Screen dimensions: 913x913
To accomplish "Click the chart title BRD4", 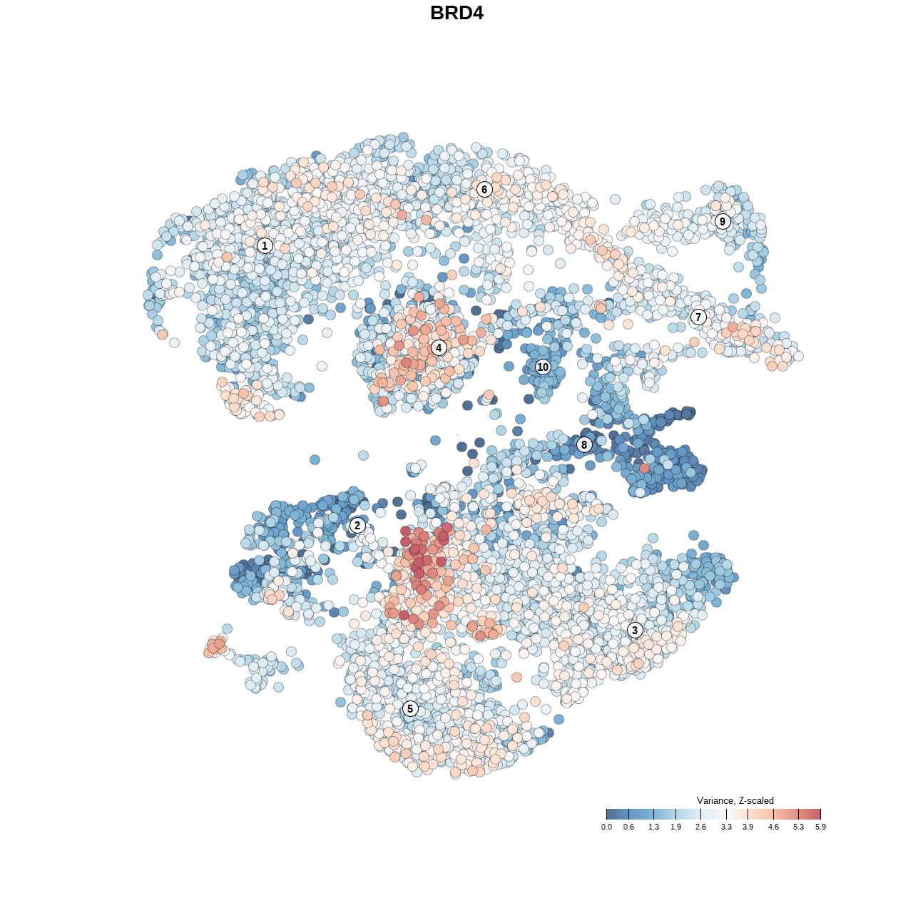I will (456, 13).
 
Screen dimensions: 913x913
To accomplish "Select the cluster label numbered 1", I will (265, 245).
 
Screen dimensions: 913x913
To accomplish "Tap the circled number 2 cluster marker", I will (357, 526).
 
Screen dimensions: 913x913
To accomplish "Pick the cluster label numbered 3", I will (635, 630).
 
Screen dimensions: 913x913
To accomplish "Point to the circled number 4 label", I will (439, 348).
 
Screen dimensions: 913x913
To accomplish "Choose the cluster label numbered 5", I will (409, 708).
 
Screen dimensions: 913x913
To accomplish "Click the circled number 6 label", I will (484, 189).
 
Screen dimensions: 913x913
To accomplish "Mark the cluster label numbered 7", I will (698, 317).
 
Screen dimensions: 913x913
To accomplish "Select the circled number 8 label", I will (584, 445).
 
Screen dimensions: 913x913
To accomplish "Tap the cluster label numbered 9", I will (723, 221).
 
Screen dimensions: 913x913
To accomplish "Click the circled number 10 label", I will (543, 367).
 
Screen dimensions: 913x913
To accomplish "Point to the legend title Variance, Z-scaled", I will (735, 800).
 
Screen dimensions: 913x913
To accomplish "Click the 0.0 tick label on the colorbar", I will (606, 827).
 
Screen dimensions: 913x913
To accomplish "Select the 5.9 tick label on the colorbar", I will (820, 827).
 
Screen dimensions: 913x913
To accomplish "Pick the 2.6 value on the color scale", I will (700, 827).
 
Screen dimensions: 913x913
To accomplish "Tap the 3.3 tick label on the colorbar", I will (726, 827).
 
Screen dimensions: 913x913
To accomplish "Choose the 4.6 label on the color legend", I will (773, 827).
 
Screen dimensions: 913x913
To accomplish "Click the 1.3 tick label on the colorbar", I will (653, 827).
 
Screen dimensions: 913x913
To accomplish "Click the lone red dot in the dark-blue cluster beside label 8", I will (645, 468).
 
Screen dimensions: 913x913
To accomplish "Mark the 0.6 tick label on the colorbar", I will (628, 827).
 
